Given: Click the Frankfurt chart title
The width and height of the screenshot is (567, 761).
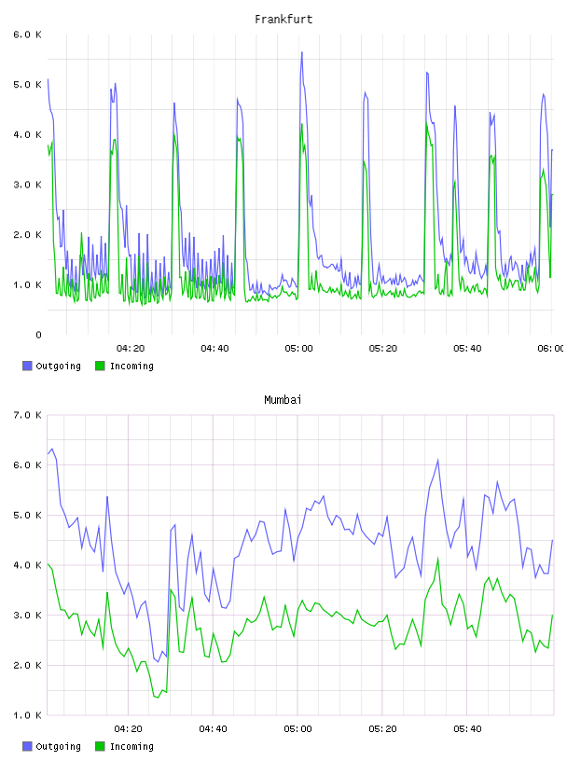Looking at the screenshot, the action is (283, 20).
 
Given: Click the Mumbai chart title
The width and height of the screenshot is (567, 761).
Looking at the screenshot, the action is (283, 400).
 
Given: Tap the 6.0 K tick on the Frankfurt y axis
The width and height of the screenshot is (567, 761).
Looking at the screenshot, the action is (28, 35).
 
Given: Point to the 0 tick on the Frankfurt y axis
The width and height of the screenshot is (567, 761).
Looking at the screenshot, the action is (38, 335).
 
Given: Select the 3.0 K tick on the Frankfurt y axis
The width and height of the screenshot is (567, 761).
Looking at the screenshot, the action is (28, 185).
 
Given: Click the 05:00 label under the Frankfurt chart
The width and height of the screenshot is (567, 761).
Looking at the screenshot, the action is (298, 349).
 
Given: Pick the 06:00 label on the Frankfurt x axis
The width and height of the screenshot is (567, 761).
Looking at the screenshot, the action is (550, 349).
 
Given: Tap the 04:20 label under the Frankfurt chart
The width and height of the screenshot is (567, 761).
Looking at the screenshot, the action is (131, 349).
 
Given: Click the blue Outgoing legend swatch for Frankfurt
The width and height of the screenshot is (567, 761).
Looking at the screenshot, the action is (27, 366).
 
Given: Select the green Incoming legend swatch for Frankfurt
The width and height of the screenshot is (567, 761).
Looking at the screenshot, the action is (100, 366).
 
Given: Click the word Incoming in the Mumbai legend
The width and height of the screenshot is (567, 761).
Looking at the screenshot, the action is (131, 746).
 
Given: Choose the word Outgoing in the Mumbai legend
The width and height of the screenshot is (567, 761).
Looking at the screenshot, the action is (58, 746).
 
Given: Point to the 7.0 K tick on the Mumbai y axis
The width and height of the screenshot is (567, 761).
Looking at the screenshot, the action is (28, 415).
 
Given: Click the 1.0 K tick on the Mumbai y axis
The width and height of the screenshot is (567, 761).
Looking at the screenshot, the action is (28, 715).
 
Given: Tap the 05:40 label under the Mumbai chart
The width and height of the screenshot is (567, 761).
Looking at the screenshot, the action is (467, 729).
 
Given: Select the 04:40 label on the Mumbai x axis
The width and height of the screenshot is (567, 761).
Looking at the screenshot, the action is (214, 729).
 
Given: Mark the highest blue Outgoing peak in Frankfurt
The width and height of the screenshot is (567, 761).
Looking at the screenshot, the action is (302, 52).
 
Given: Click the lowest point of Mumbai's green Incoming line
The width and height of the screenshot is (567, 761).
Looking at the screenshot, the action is (158, 698).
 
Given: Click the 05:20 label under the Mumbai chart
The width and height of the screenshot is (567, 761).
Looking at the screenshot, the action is (382, 729).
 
